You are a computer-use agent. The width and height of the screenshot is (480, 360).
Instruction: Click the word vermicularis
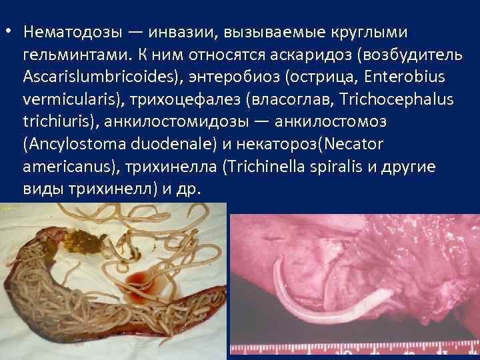(x=64, y=99)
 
